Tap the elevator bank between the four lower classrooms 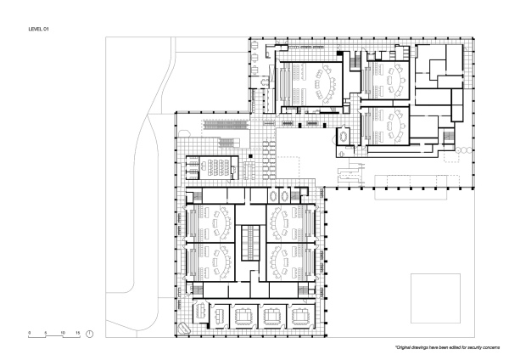[249, 243]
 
